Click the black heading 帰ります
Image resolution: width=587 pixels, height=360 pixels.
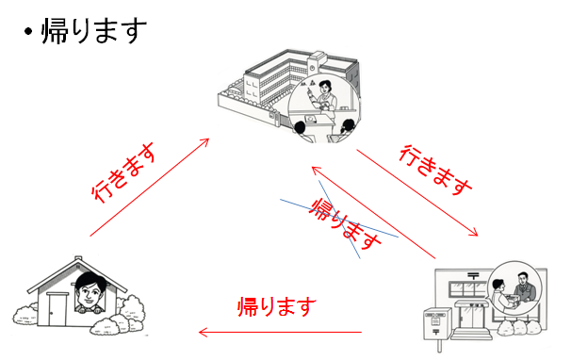(94, 31)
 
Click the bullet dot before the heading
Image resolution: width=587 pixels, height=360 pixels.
(27, 32)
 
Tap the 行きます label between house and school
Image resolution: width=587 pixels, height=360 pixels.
(124, 172)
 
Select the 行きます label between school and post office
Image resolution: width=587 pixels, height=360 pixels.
(434, 170)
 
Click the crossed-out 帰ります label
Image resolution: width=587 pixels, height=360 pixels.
(345, 224)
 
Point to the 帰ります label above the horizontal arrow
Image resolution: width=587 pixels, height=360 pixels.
(277, 307)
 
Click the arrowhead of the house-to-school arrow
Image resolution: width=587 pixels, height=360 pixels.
(205, 142)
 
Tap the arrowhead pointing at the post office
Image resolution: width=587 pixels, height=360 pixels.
(474, 232)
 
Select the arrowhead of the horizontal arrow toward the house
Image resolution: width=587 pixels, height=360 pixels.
(203, 333)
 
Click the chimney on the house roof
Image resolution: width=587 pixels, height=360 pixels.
(78, 258)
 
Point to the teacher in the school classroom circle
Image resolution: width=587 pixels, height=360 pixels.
(325, 96)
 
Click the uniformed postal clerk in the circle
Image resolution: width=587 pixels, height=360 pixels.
(525, 287)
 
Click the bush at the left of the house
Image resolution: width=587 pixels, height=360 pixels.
(25, 316)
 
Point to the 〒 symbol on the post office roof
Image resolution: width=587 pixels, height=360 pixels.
(473, 276)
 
